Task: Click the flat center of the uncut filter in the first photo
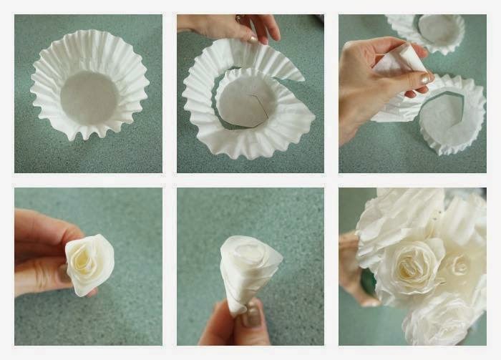click(x=89, y=98)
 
